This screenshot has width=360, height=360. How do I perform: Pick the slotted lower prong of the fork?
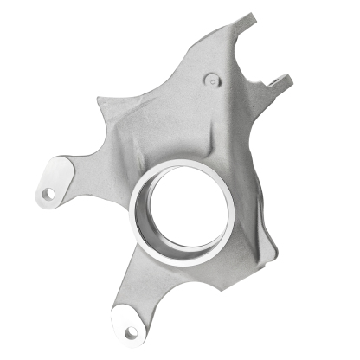click(280, 82)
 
